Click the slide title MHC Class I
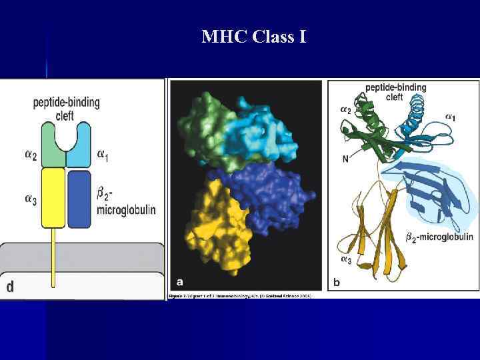pyautogui.click(x=254, y=37)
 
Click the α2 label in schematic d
pyautogui.click(x=31, y=155)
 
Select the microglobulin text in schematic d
pyautogui.click(x=127, y=209)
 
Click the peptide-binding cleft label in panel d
pyautogui.click(x=67, y=108)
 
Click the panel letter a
pyautogui.click(x=179, y=281)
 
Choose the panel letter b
pyautogui.click(x=336, y=283)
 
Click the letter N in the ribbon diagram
pyautogui.click(x=345, y=158)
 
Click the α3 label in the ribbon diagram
pyautogui.click(x=346, y=259)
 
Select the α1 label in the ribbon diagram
pyautogui.click(x=450, y=118)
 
